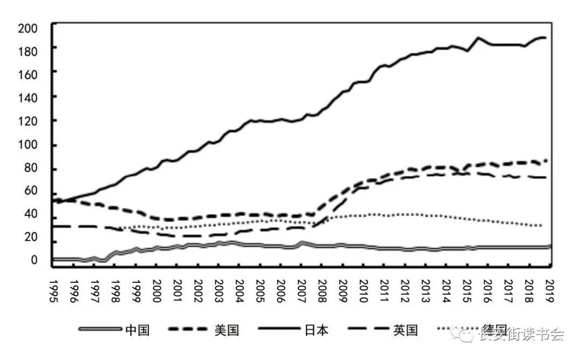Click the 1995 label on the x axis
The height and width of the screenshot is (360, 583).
(53, 291)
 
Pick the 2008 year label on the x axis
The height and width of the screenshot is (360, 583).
(322, 291)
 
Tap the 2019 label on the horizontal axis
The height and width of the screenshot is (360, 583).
(550, 291)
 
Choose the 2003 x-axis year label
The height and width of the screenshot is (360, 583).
(219, 291)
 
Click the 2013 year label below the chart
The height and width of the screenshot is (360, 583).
(426, 291)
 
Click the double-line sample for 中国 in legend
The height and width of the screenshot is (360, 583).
(100, 329)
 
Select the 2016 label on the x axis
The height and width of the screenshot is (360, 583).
(488, 291)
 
